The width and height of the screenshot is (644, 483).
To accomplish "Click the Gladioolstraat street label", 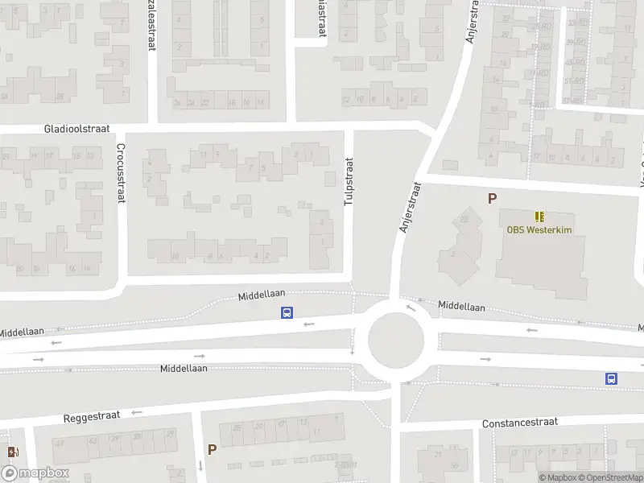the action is pos(77,129).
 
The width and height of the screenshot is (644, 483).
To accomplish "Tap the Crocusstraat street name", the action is pos(121,172).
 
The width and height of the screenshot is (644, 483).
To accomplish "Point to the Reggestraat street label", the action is pos(92,417).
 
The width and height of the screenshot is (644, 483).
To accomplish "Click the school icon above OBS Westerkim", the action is pos(539,216).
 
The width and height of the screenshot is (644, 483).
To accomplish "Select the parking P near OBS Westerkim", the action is pos(492,198).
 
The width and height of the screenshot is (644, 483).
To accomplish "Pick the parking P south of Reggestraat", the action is pos(212,450).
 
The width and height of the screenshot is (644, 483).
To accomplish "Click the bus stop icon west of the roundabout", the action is pos(286,313).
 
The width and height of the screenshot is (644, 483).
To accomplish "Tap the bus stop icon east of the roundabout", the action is pos(611,378).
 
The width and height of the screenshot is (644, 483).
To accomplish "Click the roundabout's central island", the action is pos(396,341).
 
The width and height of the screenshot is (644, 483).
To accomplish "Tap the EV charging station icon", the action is pos(11,452).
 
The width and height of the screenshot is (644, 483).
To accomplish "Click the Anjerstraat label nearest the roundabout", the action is pos(410,207).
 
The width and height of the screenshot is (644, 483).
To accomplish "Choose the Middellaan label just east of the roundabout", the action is pos(461,307).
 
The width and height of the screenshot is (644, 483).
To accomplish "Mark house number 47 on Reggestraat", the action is pos(58,441).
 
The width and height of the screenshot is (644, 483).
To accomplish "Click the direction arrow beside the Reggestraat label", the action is pos(136,412).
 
